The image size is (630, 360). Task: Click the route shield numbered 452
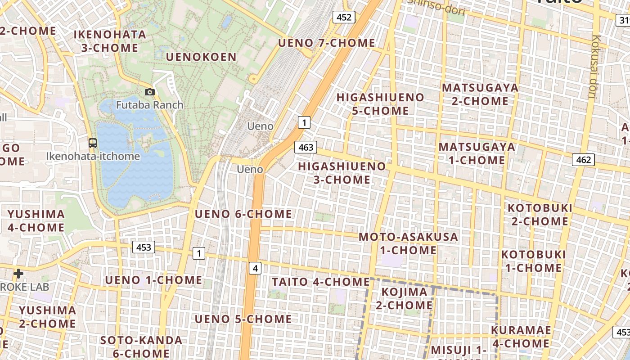pos(344,17)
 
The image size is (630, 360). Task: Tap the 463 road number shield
pos(306,147)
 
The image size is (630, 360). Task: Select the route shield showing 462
pos(583,159)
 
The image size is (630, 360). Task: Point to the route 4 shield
pos(255,269)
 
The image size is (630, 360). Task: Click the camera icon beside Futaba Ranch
pos(150,92)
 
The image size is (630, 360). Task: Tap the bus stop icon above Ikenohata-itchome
pos(92,143)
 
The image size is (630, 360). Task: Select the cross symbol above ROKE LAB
pos(18,273)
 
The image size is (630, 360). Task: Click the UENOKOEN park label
pos(201,57)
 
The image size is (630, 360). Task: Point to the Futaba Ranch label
pos(150,105)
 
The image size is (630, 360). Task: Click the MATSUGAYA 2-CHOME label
pos(480,94)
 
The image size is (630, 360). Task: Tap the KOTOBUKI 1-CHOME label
pos(533,261)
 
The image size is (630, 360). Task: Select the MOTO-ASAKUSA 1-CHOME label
pos(408,243)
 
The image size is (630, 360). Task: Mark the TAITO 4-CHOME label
pos(320,282)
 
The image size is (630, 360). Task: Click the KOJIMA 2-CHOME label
pos(404,298)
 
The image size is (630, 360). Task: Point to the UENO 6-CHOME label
pos(243,214)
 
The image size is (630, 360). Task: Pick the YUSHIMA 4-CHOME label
pos(36,220)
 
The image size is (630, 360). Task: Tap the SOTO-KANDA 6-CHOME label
pos(141,346)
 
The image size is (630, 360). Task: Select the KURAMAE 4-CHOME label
pos(521,337)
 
